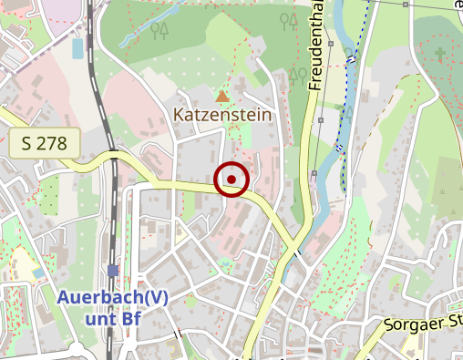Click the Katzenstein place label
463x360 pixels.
coord(221,116)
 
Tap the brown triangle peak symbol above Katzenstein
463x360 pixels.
coord(221,95)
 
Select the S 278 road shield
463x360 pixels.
coord(45,143)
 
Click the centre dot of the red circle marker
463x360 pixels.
coord(232,179)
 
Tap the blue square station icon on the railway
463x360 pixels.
coord(112,270)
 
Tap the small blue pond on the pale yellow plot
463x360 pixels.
coord(37,273)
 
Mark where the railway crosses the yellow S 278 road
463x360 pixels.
coord(113,156)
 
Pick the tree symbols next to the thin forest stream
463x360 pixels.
coord(160,31)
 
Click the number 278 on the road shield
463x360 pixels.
coord(55,143)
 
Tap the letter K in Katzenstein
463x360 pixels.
coord(180,116)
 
